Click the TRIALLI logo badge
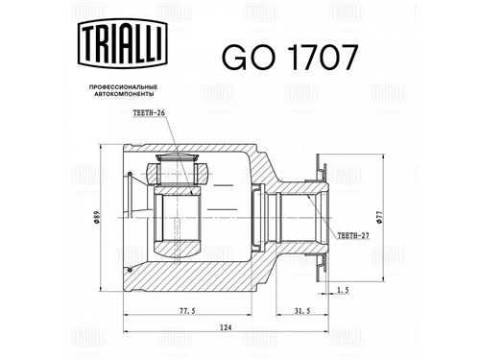(123, 43)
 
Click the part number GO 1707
(289, 58)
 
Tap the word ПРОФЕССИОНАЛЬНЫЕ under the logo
(123, 87)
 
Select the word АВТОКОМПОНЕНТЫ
(123, 94)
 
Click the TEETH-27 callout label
(353, 236)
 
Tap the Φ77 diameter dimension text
(379, 218)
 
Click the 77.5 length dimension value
(187, 311)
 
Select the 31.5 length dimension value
(301, 311)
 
